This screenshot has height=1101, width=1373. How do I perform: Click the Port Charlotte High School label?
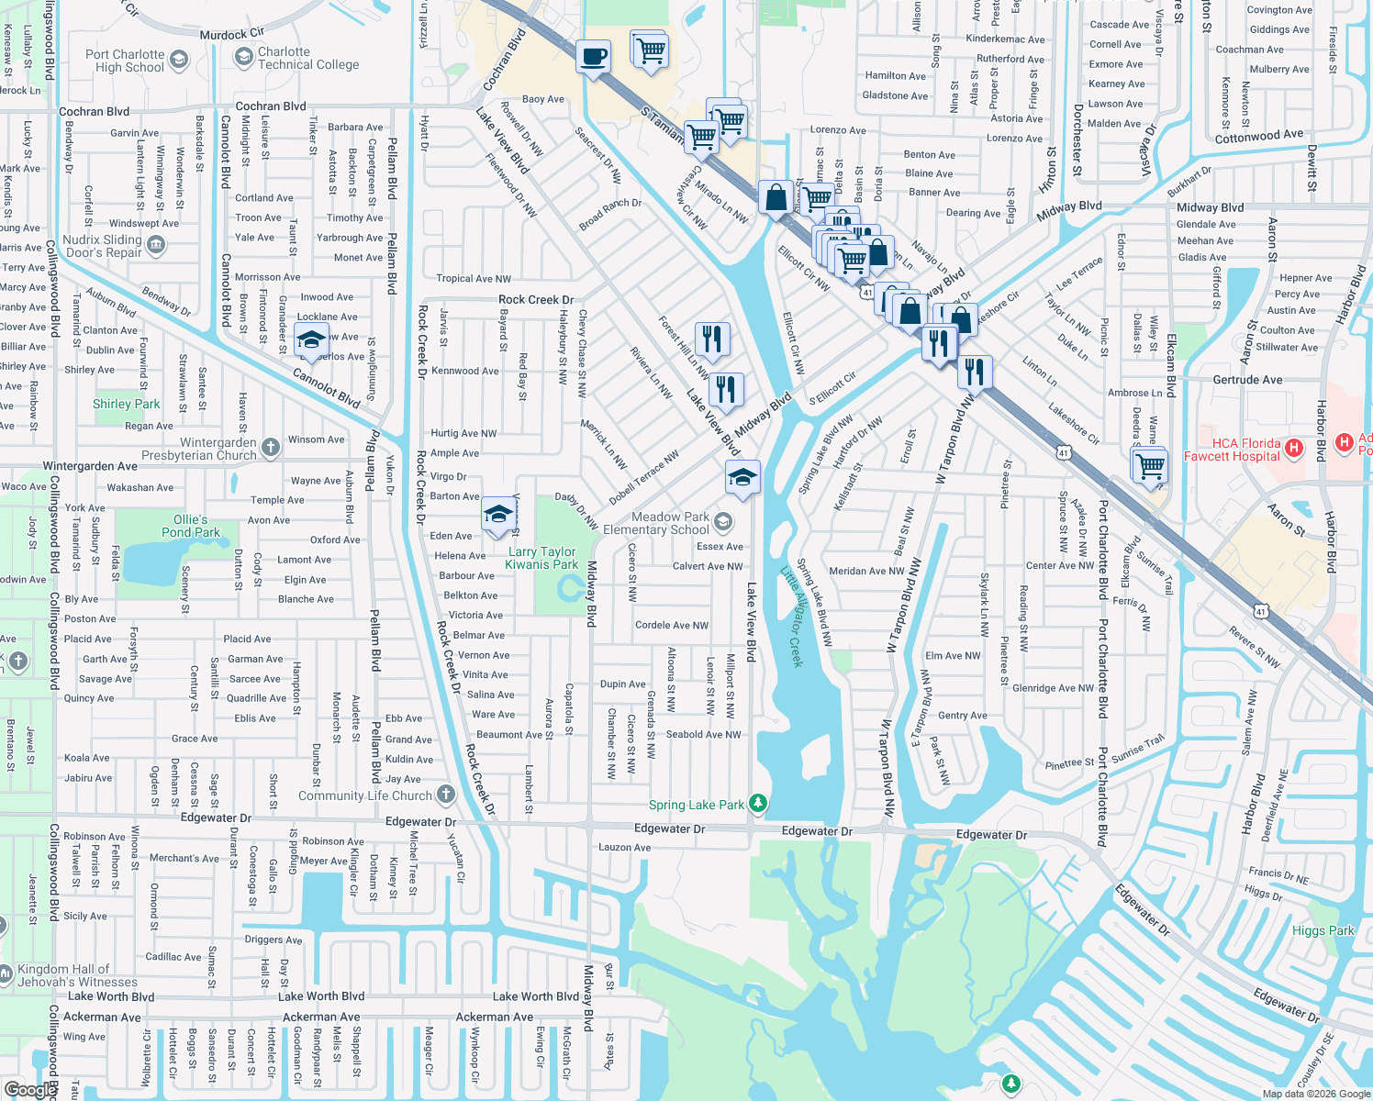tap(125, 61)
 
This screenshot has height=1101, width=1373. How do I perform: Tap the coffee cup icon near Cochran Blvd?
tap(594, 56)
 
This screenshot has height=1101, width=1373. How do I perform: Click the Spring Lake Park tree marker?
tap(757, 804)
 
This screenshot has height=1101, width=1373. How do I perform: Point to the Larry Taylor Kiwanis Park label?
tap(541, 558)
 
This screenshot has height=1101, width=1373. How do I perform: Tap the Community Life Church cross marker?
tap(445, 795)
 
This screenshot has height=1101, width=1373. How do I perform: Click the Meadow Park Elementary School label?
tap(670, 523)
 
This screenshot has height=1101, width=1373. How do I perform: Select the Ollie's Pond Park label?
tap(190, 526)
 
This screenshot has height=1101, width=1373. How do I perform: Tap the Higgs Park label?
tap(1323, 930)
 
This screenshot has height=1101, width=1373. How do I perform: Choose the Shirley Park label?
tap(126, 404)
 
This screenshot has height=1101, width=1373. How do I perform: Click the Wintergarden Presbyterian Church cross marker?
tap(270, 447)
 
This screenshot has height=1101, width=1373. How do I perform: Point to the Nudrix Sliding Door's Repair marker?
tap(155, 244)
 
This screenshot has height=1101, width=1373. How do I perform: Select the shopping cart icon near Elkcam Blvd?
tap(1150, 465)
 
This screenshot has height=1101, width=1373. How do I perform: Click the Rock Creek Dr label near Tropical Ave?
tap(535, 299)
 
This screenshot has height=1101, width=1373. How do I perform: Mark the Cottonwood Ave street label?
tap(1258, 136)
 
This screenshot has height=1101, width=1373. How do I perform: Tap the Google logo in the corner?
tap(29, 1089)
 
